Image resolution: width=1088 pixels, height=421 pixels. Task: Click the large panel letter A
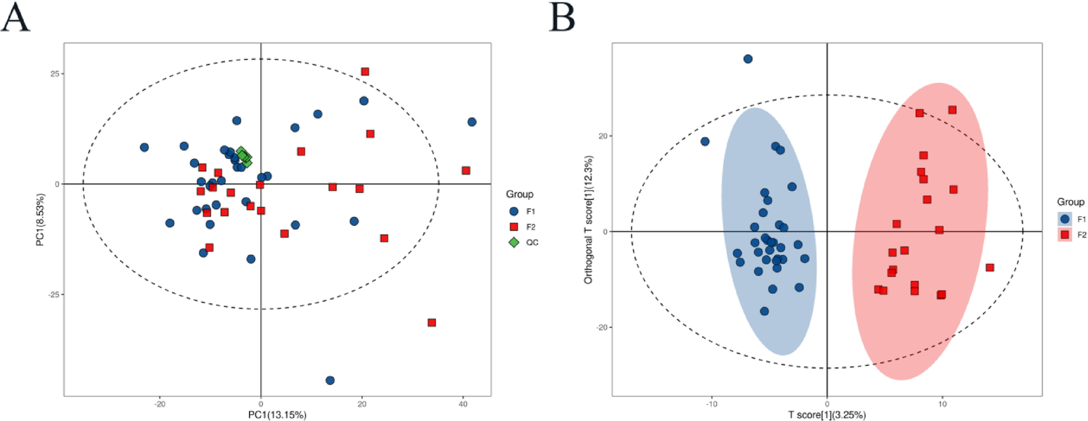15,17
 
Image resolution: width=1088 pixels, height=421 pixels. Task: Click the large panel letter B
562,17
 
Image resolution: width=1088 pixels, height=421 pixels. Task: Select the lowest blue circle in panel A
330,380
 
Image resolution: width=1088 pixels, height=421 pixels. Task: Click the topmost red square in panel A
365,72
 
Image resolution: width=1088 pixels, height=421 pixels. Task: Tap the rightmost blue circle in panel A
471,122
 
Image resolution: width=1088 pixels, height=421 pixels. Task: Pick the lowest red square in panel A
432,323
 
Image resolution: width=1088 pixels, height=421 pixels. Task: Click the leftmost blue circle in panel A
144,148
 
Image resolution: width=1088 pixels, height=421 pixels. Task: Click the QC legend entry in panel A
524,242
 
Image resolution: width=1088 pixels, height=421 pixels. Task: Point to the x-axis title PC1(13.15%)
277,415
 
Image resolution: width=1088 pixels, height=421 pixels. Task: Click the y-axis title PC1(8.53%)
41,220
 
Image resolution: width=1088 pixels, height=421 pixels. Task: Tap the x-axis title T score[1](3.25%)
826,415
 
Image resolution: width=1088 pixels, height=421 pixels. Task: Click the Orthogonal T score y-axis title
589,220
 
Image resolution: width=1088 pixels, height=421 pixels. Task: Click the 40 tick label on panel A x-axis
463,404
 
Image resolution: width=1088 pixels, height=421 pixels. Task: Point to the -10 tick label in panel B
711,404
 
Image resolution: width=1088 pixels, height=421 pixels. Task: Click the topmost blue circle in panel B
748,59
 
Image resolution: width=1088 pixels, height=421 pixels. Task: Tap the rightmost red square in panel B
990,268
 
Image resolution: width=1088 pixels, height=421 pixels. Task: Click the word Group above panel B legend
1070,202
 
